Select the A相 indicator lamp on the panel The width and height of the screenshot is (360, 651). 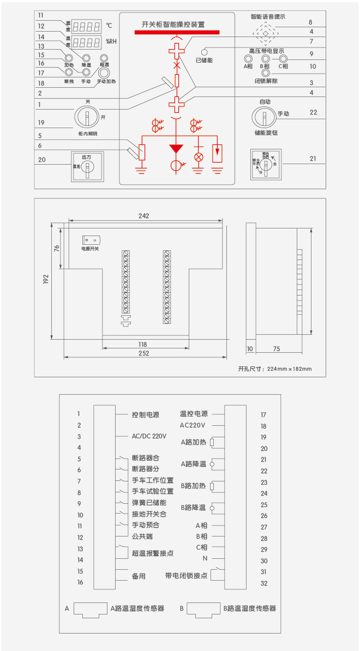tap(248, 58)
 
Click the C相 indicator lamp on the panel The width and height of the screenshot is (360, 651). tap(283, 58)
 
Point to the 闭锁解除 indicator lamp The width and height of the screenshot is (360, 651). tap(266, 73)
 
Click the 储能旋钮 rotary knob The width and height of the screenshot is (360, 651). tap(263, 117)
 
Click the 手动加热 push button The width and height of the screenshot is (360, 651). tap(102, 71)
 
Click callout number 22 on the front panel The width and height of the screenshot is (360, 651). tap(313, 112)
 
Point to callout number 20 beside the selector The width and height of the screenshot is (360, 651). tap(42, 160)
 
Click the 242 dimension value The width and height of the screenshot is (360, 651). tap(143, 216)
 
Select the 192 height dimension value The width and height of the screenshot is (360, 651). tap(46, 279)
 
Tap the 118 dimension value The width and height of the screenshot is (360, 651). tap(142, 344)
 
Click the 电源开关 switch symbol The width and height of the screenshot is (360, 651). tap(91, 240)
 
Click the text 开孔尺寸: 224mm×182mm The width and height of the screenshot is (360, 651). tap(275, 369)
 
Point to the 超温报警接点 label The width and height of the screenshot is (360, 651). tap(152, 553)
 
